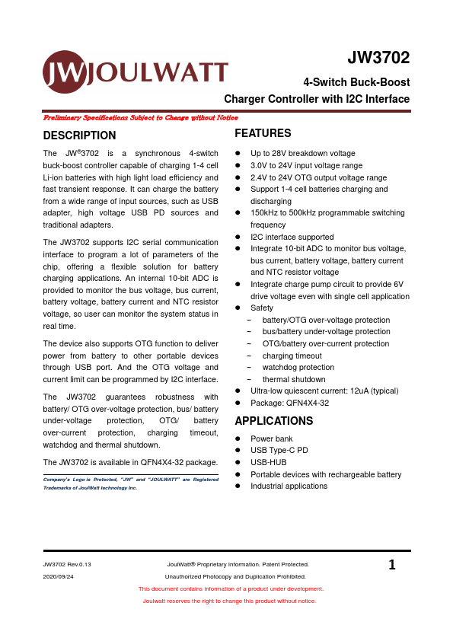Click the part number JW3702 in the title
(378, 59)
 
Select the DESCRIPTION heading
(80, 136)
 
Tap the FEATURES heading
(263, 133)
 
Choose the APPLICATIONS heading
(273, 421)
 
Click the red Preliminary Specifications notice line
(140, 118)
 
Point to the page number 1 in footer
(392, 565)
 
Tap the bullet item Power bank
(271, 438)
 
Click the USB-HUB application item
(269, 462)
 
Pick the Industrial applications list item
(289, 486)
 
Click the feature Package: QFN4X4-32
(289, 403)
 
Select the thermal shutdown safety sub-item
(293, 379)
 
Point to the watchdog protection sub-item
(298, 367)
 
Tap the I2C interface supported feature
(292, 237)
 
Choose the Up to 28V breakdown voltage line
(302, 153)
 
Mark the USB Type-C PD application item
(279, 450)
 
